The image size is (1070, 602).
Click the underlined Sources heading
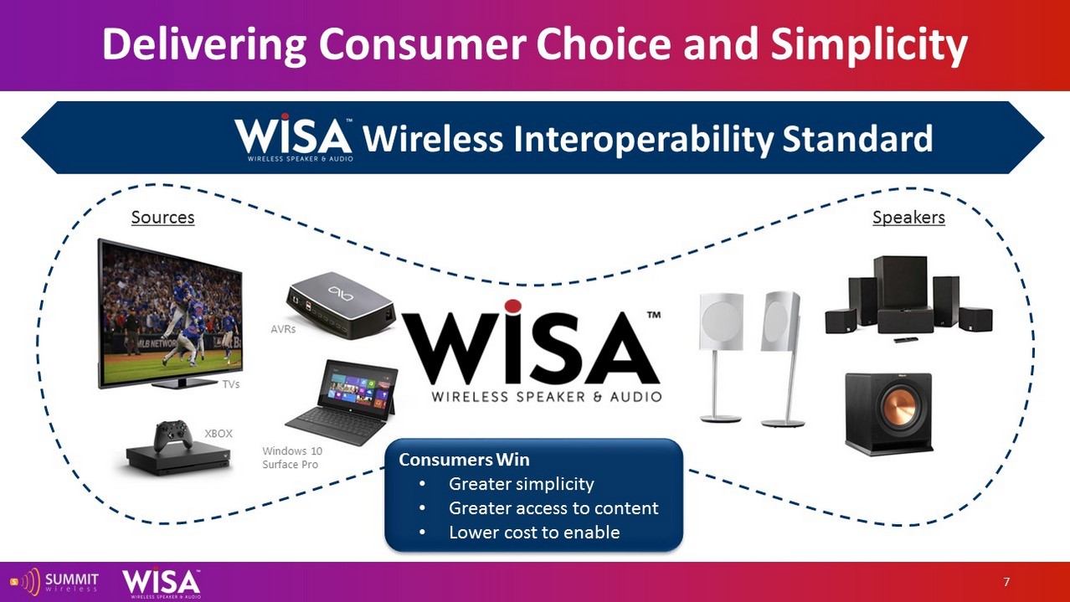[x=163, y=218]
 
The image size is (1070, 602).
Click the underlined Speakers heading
[x=908, y=218]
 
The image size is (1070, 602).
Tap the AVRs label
[x=283, y=329]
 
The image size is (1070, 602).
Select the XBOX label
[x=219, y=434]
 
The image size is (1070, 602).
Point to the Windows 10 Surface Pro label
[x=292, y=458]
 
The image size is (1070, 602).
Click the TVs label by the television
[x=231, y=384]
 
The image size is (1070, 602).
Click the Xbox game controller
[x=173, y=435]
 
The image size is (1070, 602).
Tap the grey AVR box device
[x=341, y=305]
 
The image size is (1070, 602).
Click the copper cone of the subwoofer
[x=898, y=408]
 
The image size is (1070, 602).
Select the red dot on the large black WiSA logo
[x=512, y=306]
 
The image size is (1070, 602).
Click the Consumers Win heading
[x=464, y=460]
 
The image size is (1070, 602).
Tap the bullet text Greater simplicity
[x=521, y=484]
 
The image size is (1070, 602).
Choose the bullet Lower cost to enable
[x=534, y=533]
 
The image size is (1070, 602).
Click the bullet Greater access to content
[x=553, y=508]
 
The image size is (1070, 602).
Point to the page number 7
[x=1006, y=582]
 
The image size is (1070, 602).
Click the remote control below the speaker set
[x=906, y=340]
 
